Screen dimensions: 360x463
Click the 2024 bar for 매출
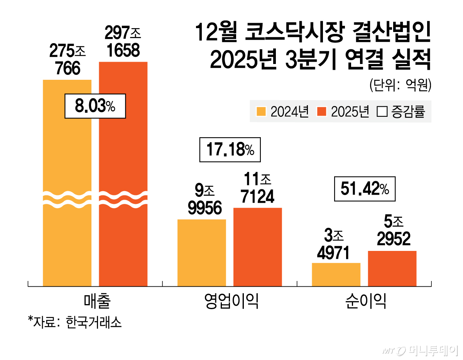pos(67,231)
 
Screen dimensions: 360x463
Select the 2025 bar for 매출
pos(123,231)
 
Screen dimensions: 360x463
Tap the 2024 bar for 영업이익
pos(201,252)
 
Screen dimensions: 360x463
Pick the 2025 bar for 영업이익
pos(257,247)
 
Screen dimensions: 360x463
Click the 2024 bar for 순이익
pos(336,274)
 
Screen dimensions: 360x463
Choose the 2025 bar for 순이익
pos(392,268)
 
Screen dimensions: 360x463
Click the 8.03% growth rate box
pos(95,106)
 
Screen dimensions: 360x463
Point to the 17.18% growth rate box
pos(230,150)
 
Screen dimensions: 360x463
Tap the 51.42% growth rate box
pos(365,189)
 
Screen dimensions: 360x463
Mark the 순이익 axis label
pos(365,302)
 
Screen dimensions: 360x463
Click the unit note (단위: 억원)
pos(399,85)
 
